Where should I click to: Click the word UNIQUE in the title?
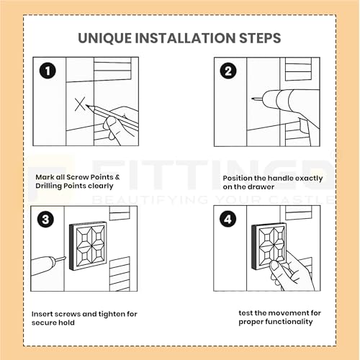pos(104,38)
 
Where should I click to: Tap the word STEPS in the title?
pos(260,38)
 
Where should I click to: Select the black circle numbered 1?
pos(48,71)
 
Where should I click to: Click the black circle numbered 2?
pos(228,71)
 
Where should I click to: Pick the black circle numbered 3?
pos(45,220)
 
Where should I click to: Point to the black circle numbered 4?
pos(228,219)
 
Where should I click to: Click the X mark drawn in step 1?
pos(80,104)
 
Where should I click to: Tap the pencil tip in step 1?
pos(86,105)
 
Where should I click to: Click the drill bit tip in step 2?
pos(253,99)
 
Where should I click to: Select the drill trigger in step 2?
pos(303,125)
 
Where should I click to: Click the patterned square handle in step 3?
pos(88,246)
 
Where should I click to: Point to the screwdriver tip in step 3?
pos(65,258)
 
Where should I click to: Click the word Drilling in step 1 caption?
pos(49,186)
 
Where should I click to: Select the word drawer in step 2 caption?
pos(263,187)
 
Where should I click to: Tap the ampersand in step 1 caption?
pos(117,177)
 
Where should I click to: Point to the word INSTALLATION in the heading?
pos(185,38)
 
